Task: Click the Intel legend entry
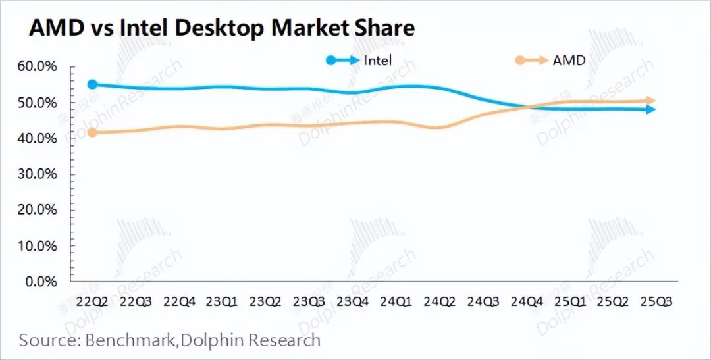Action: click(x=377, y=61)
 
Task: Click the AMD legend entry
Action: click(x=568, y=61)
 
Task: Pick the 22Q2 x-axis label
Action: click(x=93, y=301)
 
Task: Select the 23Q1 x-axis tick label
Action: click(x=222, y=301)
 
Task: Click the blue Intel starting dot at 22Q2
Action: click(x=93, y=84)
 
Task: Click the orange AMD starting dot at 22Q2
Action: click(x=93, y=133)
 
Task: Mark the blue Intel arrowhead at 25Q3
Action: click(x=650, y=109)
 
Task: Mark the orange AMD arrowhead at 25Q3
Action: click(x=650, y=101)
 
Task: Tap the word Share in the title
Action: click(x=383, y=28)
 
